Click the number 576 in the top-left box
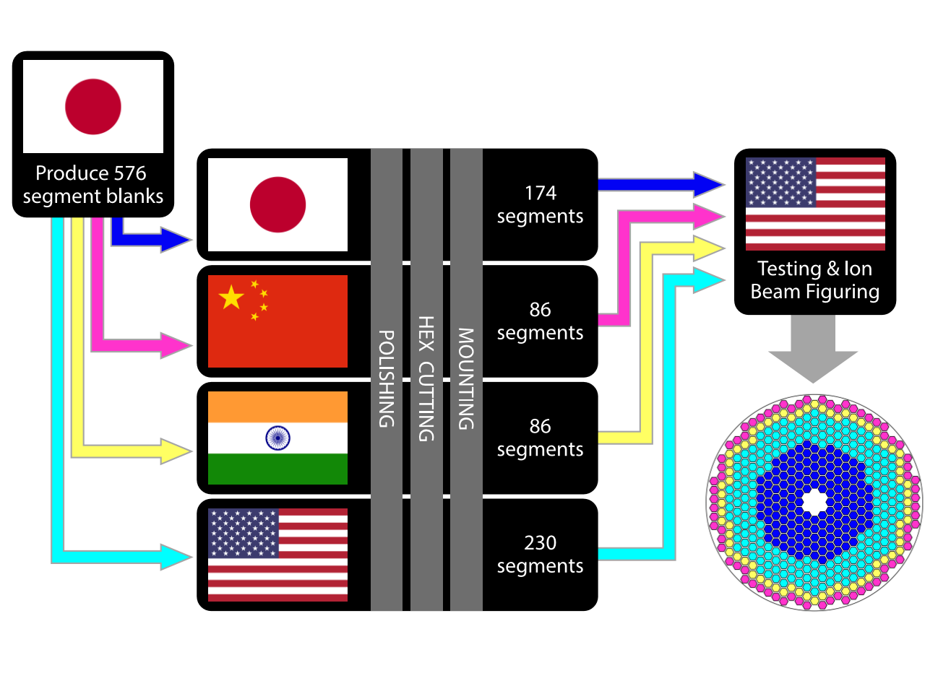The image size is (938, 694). (x=130, y=173)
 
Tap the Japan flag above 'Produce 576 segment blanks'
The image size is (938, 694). (x=93, y=106)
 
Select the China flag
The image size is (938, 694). (x=277, y=321)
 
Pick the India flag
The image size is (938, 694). (x=277, y=438)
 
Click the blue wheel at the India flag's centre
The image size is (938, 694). (x=277, y=438)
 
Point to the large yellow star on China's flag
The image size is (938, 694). (x=231, y=297)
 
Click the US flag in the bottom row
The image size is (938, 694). (x=277, y=555)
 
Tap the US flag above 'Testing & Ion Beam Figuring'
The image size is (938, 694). (x=815, y=204)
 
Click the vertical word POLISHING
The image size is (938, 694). (x=387, y=378)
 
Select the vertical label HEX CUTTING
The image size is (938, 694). (x=426, y=378)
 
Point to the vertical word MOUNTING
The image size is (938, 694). (x=466, y=378)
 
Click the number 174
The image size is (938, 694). (x=541, y=193)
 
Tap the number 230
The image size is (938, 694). (x=541, y=542)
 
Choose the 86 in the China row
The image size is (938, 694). (x=541, y=309)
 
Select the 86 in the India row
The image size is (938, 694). (x=541, y=426)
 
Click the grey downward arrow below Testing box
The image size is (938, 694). (x=813, y=350)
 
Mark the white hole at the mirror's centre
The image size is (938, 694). (x=814, y=500)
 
